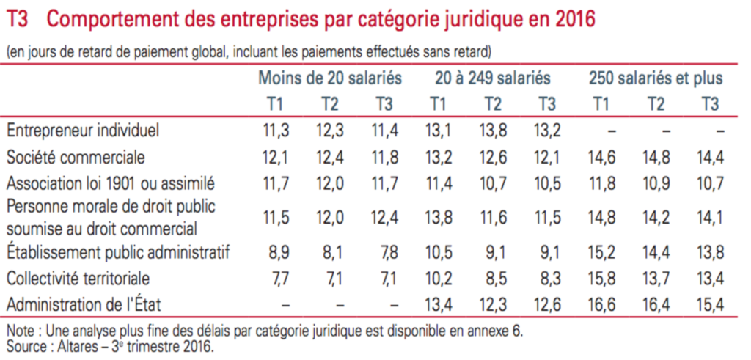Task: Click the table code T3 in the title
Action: pyautogui.click(x=18, y=20)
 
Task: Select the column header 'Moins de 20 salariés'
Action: pyautogui.click(x=330, y=78)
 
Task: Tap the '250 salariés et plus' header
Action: pyautogui.click(x=656, y=78)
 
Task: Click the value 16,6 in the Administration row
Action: pyautogui.click(x=601, y=303)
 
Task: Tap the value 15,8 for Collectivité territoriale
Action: pyautogui.click(x=601, y=278)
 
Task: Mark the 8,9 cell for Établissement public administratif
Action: pyautogui.click(x=275, y=253)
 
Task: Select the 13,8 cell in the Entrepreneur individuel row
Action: pyautogui.click(x=492, y=131)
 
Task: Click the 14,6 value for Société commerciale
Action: pyautogui.click(x=601, y=157)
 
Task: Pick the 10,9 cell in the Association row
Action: pyautogui.click(x=655, y=182)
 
